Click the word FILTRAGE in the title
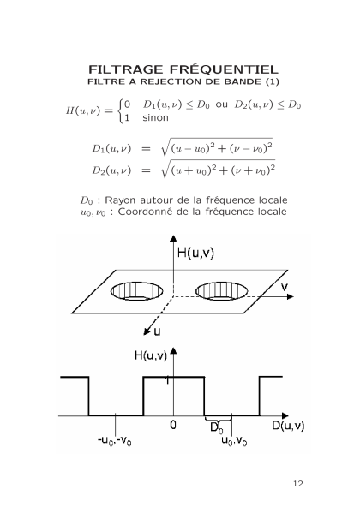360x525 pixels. tap(126, 69)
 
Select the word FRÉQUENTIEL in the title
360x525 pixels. tap(224, 69)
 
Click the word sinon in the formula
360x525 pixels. tap(155, 118)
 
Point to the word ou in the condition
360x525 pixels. tap(221, 104)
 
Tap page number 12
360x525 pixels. tap(297, 484)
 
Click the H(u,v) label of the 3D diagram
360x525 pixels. tap(195, 253)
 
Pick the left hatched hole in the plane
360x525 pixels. tap(137, 290)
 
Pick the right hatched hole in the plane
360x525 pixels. tap(221, 290)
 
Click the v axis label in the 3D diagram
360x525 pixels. tap(285, 287)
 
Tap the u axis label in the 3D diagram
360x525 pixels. tap(157, 331)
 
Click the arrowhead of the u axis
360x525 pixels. tap(147, 331)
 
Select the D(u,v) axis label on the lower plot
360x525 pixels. tap(288, 425)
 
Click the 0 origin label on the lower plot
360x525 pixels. tap(173, 425)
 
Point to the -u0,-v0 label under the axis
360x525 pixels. tap(114, 440)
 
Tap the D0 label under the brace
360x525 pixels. tap(217, 428)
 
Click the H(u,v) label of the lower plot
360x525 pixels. tap(151, 355)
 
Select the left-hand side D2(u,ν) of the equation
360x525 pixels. tap(111, 170)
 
